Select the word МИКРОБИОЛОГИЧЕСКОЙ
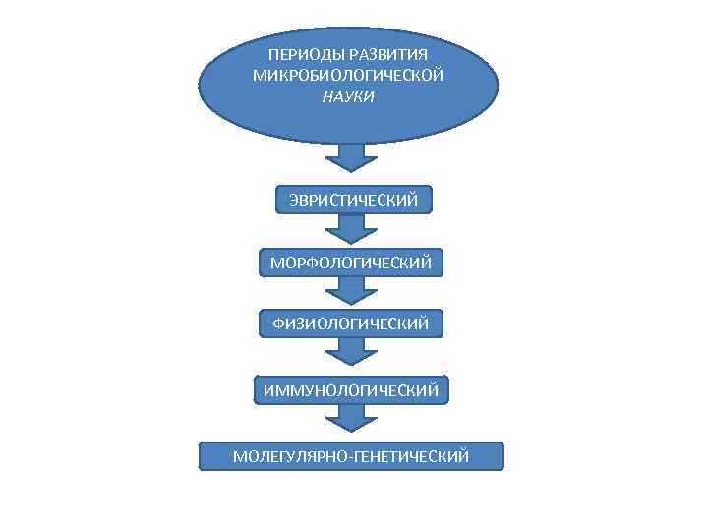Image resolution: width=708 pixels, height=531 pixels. coord(349,76)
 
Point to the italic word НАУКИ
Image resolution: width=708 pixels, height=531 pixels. coord(348,97)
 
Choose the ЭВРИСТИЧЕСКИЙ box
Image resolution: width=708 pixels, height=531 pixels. coord(352,201)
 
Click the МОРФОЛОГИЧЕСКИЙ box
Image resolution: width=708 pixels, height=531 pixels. coord(351,263)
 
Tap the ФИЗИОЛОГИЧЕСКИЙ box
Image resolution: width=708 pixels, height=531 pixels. coord(351,324)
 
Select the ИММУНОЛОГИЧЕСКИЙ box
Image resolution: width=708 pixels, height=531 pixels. coord(351,390)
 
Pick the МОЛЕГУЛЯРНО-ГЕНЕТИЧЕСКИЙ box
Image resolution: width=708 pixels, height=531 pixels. coord(351,456)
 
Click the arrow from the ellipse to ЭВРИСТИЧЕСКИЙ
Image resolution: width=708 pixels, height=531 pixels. coord(351,160)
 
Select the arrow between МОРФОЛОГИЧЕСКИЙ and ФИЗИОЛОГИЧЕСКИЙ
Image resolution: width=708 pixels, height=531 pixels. coord(351,291)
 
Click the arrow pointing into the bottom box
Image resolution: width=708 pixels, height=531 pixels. coord(351,421)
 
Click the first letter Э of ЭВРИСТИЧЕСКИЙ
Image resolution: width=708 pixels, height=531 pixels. coord(294,201)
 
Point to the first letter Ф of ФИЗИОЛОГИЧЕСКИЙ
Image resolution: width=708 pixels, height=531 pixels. coord(279,324)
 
